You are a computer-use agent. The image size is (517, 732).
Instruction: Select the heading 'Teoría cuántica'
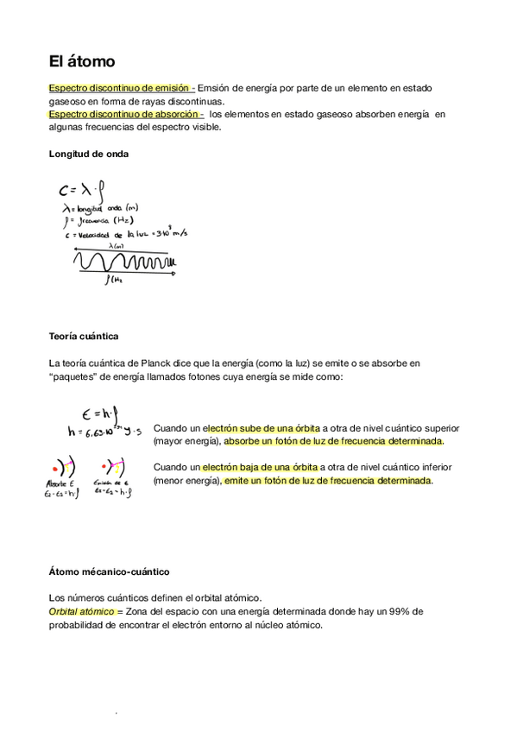pyautogui.click(x=84, y=335)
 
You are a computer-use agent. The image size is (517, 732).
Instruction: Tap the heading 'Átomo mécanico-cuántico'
pyautogui.click(x=109, y=571)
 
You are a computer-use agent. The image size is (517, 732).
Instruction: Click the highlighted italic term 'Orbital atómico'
pyautogui.click(x=83, y=611)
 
